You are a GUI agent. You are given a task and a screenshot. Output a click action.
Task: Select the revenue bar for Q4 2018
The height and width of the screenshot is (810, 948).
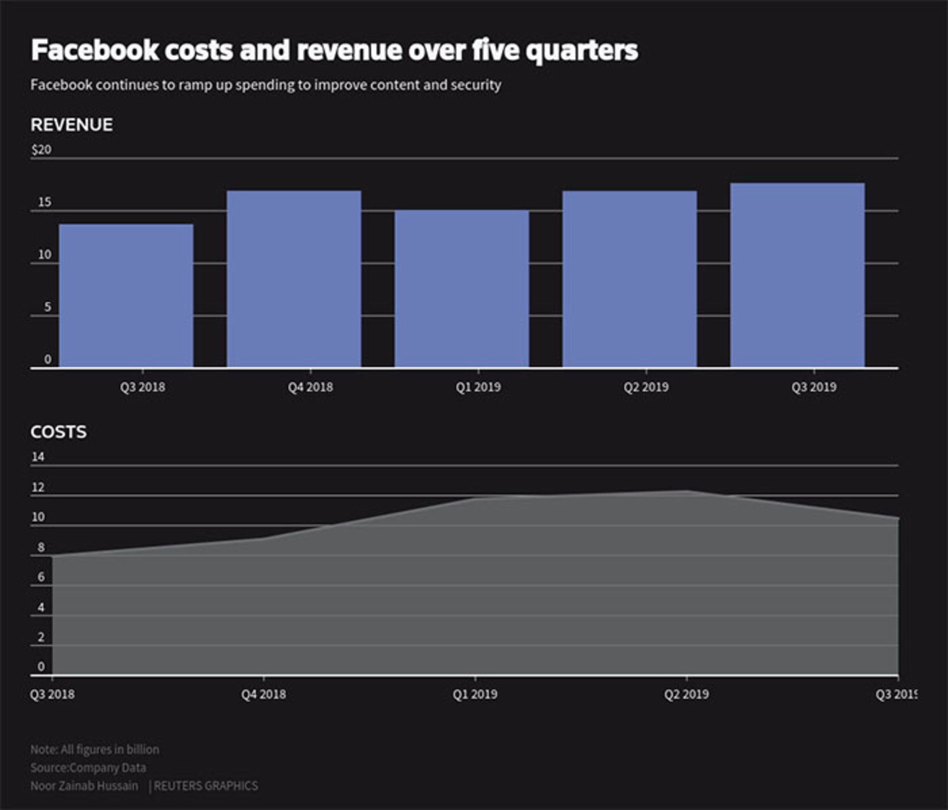(x=294, y=279)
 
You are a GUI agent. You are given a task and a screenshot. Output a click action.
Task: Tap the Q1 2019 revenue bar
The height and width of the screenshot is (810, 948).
(x=462, y=289)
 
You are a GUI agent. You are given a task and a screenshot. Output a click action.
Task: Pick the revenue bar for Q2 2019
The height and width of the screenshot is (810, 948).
(x=630, y=279)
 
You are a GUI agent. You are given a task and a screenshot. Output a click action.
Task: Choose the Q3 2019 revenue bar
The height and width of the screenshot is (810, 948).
(x=797, y=275)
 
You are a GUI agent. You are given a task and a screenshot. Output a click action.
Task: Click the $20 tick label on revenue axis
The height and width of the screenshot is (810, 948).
(x=41, y=150)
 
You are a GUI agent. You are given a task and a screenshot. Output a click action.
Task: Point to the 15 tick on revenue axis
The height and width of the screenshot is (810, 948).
(x=44, y=202)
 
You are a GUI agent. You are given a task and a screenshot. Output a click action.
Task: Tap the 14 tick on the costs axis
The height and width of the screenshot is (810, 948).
(x=38, y=457)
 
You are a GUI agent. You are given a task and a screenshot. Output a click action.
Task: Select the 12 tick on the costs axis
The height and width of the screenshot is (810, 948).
(x=38, y=487)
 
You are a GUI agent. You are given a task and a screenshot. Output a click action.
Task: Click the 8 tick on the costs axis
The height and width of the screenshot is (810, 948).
(x=41, y=547)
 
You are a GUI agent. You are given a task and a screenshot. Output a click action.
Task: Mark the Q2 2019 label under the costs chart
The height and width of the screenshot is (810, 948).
(x=686, y=694)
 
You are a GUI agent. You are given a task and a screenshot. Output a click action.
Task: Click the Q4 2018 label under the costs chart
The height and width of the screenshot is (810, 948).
(x=264, y=694)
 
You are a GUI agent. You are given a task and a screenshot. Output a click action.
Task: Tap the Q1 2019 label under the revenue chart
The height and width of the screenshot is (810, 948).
(x=478, y=387)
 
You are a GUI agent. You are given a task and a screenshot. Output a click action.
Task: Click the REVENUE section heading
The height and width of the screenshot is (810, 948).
(x=72, y=125)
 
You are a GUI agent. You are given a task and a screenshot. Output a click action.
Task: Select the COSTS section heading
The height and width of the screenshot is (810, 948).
(x=59, y=432)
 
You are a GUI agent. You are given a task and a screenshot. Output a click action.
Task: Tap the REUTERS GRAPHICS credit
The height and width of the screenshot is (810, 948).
(x=206, y=786)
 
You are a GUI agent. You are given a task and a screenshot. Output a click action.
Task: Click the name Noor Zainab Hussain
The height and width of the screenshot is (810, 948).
(x=84, y=786)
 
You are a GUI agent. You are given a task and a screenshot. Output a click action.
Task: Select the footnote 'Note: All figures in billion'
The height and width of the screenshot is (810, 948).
(x=95, y=749)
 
